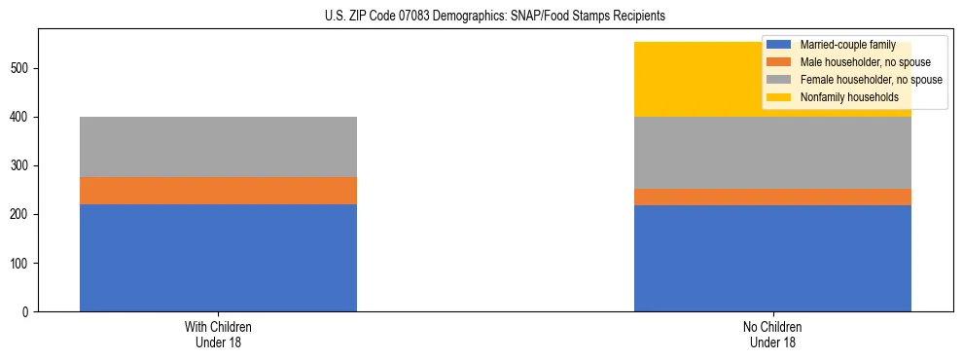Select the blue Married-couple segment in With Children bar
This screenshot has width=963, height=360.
click(218, 258)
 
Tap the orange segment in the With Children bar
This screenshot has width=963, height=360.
click(218, 191)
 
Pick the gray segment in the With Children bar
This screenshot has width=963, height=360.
click(218, 147)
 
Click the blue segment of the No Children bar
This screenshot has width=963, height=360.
click(772, 259)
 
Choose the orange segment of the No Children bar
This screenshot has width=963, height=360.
click(772, 198)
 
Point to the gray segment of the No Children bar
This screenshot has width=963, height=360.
click(772, 153)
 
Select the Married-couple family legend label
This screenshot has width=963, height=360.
click(847, 45)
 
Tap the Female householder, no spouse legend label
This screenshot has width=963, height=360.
click(871, 80)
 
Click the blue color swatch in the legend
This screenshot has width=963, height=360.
click(779, 45)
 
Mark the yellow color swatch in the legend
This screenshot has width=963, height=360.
click(779, 97)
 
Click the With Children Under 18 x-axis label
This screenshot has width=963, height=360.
click(218, 334)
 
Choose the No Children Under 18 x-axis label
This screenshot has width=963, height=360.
click(772, 334)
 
